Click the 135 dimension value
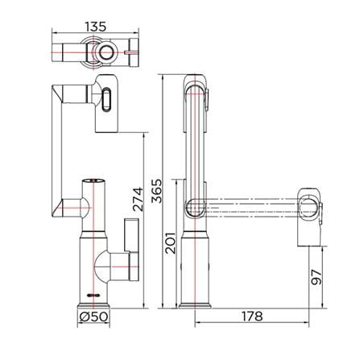96,27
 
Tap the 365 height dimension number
157,191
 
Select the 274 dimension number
139,200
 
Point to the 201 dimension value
170,243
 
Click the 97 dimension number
316,277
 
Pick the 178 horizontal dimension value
252,317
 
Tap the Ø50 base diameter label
93,317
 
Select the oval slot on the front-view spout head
106,99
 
